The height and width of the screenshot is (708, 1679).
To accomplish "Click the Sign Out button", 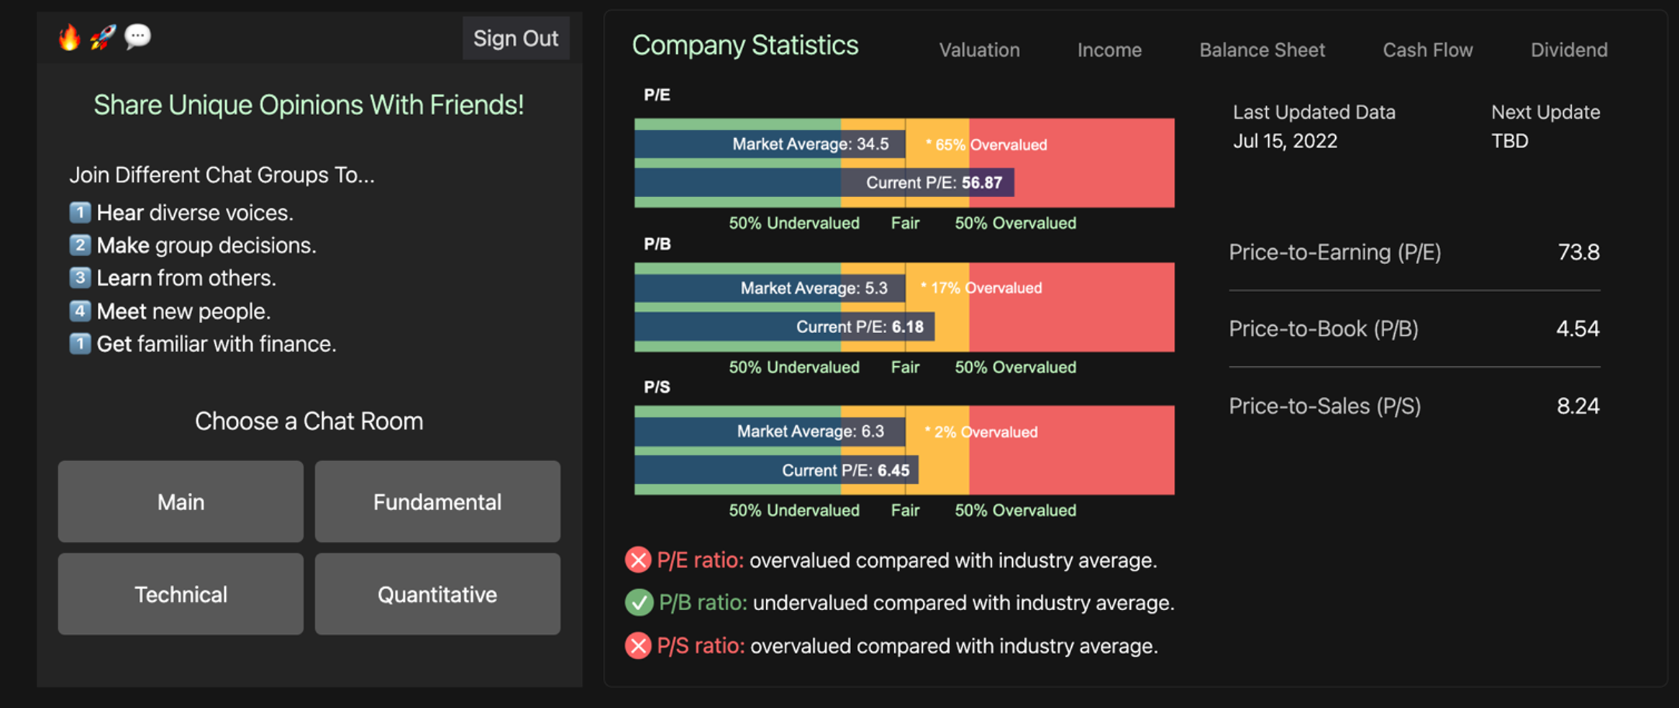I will point(515,38).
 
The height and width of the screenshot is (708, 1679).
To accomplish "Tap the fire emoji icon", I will point(69,37).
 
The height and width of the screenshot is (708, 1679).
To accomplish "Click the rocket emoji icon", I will point(103,37).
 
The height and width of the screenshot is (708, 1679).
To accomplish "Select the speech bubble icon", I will point(137,36).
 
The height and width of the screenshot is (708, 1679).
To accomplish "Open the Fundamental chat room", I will point(437,501).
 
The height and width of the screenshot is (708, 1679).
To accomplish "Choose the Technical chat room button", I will point(181,594).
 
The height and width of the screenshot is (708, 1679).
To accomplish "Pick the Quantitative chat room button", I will point(437,594).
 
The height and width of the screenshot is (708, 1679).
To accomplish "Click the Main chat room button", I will point(181,501).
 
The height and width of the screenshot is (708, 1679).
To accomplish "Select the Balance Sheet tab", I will point(1262,50).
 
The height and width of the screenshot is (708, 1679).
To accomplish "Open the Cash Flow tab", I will point(1427,50).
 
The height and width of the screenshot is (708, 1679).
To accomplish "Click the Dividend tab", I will point(1568,50).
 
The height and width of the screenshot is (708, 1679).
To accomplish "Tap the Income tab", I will point(1109,50).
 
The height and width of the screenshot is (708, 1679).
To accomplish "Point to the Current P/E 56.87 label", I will point(934,183).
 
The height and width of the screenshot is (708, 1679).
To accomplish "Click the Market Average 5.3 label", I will point(814,289).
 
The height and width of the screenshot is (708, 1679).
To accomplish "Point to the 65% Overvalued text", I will point(986,145).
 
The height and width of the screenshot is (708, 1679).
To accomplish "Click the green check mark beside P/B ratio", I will point(638,602).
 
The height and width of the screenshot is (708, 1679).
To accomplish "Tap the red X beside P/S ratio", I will point(638,645).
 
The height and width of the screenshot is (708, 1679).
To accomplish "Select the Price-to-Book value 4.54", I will point(1577,329).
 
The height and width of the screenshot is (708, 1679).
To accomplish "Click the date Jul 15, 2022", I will point(1285,141).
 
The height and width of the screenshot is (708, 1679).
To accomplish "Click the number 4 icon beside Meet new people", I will point(80,311).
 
